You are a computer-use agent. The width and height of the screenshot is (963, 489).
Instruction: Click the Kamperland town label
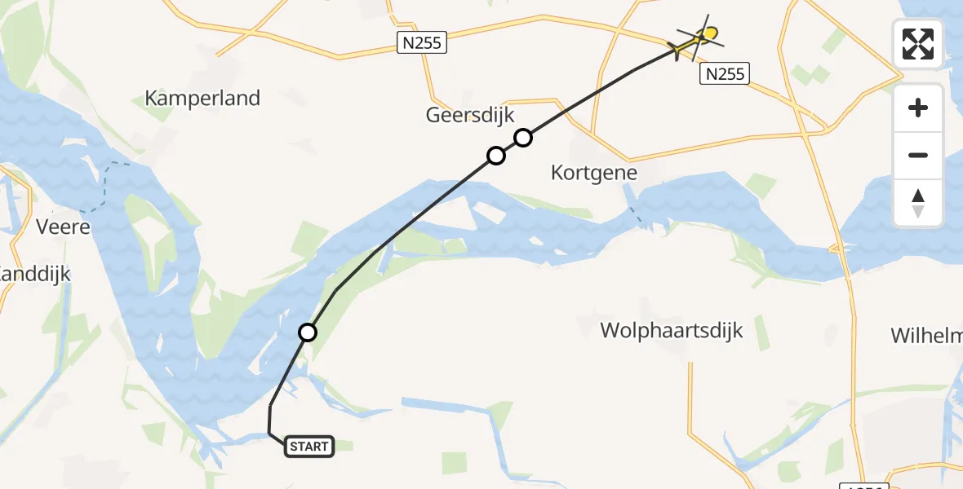[202, 99]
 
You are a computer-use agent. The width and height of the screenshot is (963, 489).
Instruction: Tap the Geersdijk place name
[470, 116]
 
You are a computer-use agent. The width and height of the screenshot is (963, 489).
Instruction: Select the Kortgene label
[594, 174]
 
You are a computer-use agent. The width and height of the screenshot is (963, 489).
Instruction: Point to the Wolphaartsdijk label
[672, 331]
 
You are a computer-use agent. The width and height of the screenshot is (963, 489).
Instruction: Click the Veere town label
[64, 227]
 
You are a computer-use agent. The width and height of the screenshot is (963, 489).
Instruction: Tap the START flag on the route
[309, 446]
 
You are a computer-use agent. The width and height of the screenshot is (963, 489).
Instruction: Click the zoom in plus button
[918, 108]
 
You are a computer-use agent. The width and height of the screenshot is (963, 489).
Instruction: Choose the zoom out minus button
[918, 155]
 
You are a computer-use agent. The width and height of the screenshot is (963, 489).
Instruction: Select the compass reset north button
[918, 203]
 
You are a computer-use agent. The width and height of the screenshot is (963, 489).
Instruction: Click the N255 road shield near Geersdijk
[423, 42]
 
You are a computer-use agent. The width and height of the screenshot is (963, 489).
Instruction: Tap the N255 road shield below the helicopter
[724, 74]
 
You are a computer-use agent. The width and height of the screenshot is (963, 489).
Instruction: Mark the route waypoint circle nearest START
[308, 333]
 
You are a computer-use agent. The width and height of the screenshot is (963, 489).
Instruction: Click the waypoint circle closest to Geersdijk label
[523, 138]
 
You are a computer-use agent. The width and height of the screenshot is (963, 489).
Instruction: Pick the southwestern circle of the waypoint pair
[495, 156]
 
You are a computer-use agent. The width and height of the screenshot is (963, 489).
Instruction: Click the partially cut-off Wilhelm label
[926, 336]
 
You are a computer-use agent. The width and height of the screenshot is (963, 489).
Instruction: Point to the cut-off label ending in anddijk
[34, 275]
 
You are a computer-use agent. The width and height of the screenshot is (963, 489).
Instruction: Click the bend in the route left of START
[269, 434]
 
